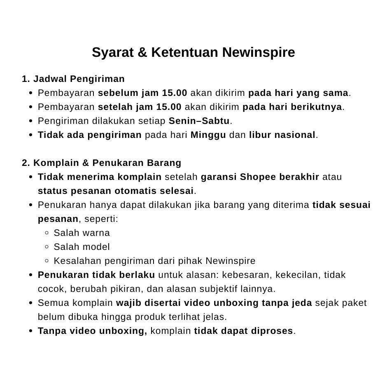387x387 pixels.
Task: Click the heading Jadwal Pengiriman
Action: click(79, 79)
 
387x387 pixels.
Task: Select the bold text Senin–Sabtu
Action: click(199, 121)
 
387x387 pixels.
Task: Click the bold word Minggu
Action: click(208, 135)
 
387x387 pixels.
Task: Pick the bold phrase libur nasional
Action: click(282, 135)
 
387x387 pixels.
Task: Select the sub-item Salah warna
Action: click(82, 233)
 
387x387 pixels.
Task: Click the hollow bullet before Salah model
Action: click(47, 247)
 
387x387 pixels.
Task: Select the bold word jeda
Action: click(303, 303)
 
